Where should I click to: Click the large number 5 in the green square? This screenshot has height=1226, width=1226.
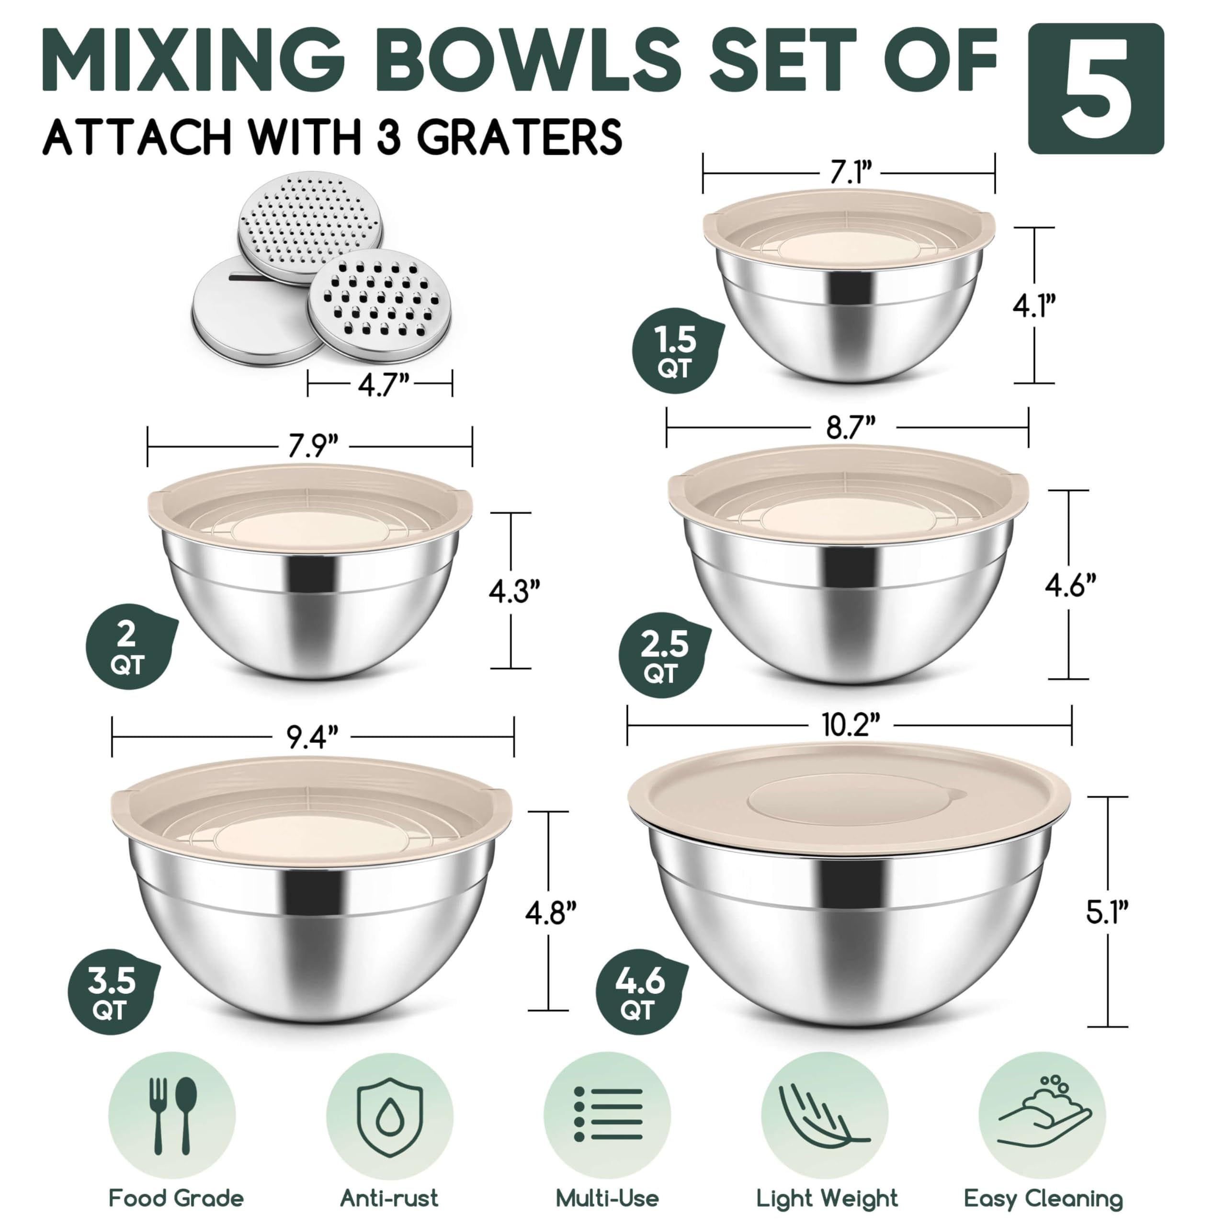pyautogui.click(x=1095, y=89)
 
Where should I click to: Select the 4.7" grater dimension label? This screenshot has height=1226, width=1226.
pyautogui.click(x=383, y=385)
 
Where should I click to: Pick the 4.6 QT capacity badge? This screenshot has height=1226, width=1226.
pyautogui.click(x=640, y=992)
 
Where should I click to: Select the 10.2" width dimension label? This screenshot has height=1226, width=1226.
pyautogui.click(x=851, y=725)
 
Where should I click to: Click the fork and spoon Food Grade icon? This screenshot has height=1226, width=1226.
pyautogui.click(x=172, y=1115)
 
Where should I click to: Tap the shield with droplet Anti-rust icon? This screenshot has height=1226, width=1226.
pyautogui.click(x=390, y=1115)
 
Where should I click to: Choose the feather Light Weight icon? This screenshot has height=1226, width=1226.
pyautogui.click(x=824, y=1115)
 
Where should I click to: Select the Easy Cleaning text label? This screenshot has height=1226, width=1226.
pyautogui.click(x=1043, y=1198)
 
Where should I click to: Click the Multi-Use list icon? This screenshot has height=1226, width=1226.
pyautogui.click(x=607, y=1115)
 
